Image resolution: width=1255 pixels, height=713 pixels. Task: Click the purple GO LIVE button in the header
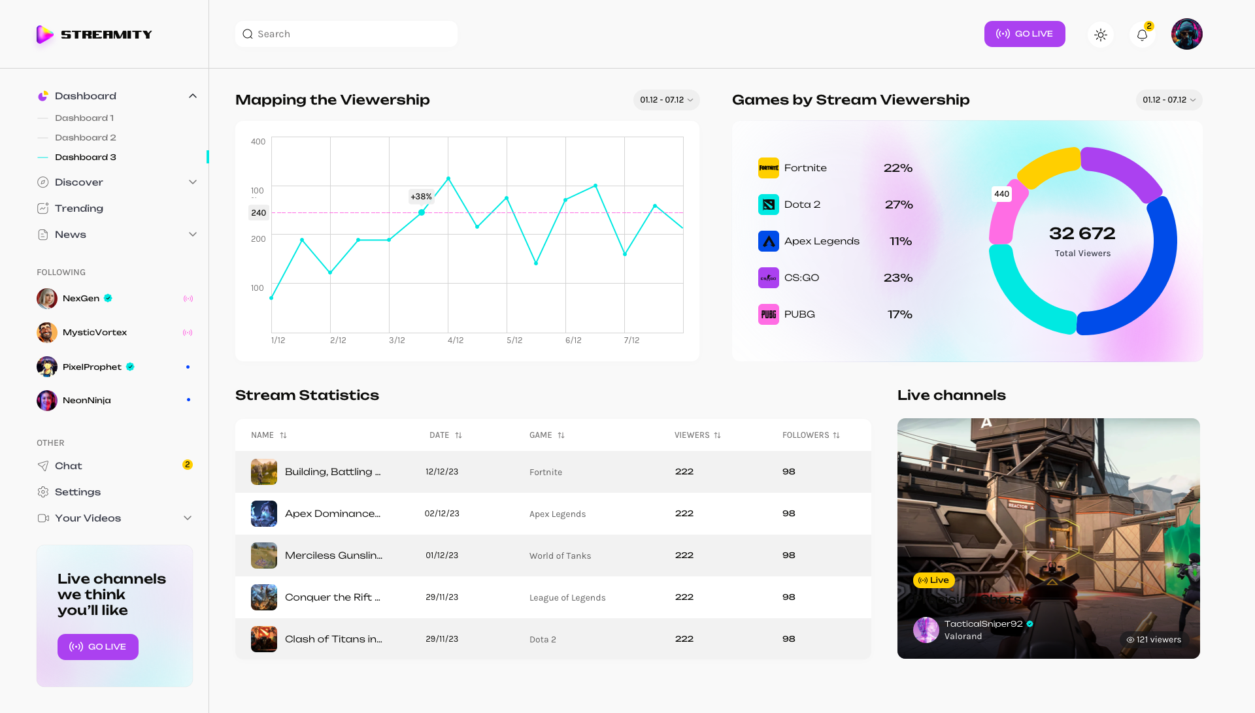click(x=1024, y=34)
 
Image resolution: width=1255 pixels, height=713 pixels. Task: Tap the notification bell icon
click(x=1142, y=35)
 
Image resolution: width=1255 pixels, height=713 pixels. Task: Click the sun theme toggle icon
click(x=1101, y=35)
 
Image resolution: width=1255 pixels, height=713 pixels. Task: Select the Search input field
click(x=346, y=34)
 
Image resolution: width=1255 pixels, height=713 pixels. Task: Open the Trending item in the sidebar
click(x=79, y=208)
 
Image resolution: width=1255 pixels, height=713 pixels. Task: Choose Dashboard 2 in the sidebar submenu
click(x=86, y=138)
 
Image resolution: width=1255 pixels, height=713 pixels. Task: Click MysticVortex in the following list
click(x=95, y=333)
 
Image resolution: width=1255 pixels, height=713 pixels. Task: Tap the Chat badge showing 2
click(x=188, y=465)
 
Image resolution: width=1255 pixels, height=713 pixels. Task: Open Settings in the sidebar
click(x=78, y=492)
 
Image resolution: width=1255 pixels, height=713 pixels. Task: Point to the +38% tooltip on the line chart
click(x=421, y=197)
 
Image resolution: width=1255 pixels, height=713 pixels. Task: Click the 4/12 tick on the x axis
click(x=456, y=340)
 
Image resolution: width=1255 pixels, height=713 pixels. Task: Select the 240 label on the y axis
click(x=259, y=213)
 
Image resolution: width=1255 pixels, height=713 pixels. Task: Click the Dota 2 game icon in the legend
click(x=769, y=205)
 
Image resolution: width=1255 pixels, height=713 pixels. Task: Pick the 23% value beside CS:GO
click(x=898, y=278)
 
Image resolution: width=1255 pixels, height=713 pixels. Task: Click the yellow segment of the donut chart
click(x=1048, y=166)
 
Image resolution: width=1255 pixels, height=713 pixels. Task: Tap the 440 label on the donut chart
click(x=1001, y=194)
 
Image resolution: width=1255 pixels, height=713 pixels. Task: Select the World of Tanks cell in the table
click(x=560, y=556)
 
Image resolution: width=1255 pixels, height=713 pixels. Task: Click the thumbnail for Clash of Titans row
click(x=264, y=639)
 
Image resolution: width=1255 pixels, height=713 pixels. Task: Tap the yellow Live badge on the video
click(x=934, y=580)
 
